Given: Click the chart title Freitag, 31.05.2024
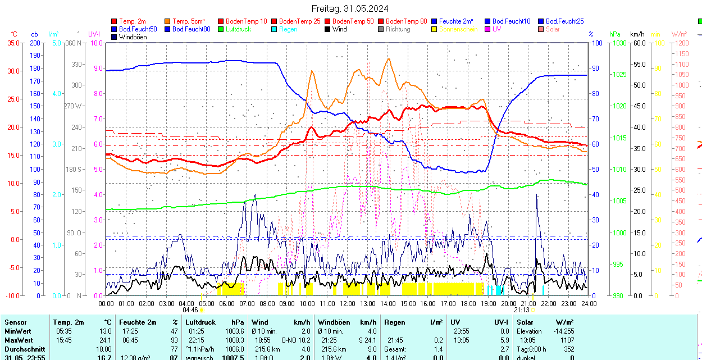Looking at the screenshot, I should coord(350,8).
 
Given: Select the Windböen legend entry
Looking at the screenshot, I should coord(131,37).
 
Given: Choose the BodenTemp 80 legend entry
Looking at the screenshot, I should coord(406,21).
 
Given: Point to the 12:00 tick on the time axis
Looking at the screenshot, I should coord(347,303).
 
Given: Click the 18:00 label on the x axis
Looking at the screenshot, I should coord(468,303).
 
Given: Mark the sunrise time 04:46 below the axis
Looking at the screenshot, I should coord(190,310).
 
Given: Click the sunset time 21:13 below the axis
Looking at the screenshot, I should coord(522,310).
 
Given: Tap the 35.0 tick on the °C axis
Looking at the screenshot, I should coord(11,43).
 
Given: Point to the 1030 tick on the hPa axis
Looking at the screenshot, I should coord(619,43).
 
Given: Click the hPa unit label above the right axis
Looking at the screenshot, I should coord(615,34).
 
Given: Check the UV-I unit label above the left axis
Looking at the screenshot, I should coord(94,34).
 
